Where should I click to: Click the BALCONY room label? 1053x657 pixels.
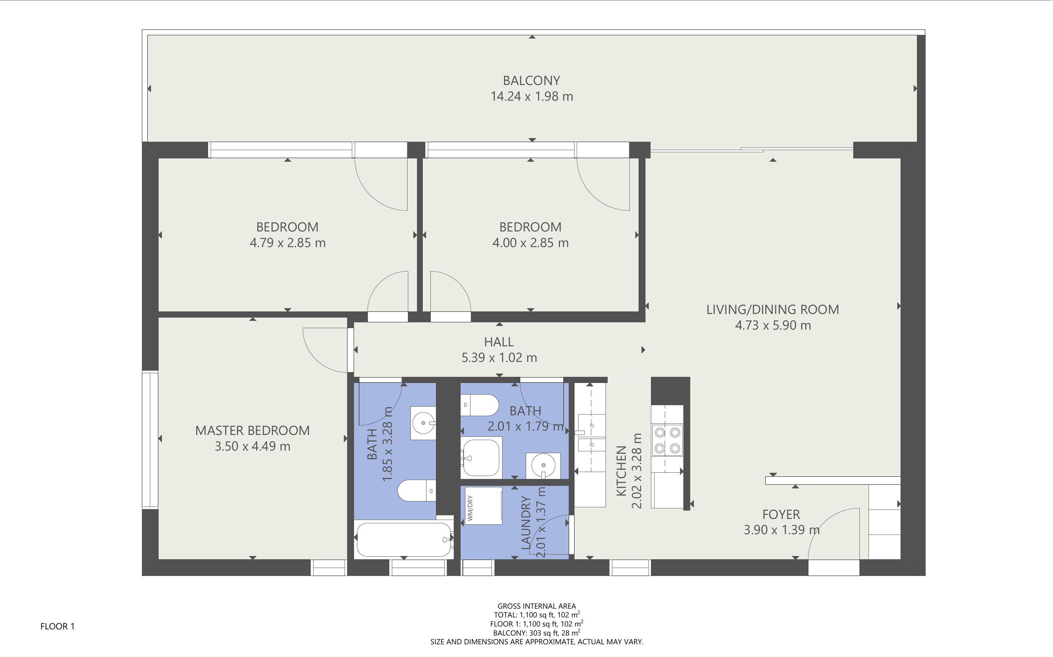[531, 81]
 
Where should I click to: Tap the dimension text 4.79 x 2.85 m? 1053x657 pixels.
[287, 243]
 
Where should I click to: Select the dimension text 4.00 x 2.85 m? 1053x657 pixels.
[530, 243]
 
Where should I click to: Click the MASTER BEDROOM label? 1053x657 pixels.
[252, 431]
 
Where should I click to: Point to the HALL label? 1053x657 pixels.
[499, 342]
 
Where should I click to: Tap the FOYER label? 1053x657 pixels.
[781, 515]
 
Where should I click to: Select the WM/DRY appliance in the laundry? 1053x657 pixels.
[483, 506]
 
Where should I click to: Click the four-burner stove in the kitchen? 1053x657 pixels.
[667, 440]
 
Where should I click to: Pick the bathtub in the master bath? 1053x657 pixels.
[403, 539]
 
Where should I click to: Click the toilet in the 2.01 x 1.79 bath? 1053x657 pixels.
[479, 405]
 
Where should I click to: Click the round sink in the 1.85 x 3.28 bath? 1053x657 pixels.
[423, 423]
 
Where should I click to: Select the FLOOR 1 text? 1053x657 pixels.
[57, 626]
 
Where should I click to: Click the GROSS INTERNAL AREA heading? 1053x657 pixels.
[536, 606]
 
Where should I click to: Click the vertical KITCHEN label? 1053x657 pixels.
[621, 471]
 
